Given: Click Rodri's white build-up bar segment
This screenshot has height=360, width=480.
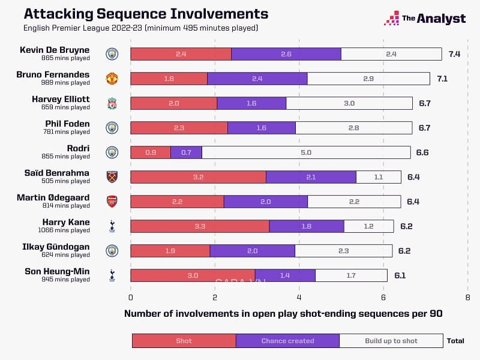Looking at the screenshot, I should [x=306, y=152].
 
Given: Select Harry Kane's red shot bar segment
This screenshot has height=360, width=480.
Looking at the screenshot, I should [x=200, y=226].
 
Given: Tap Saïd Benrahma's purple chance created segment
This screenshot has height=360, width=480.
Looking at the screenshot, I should [x=311, y=177].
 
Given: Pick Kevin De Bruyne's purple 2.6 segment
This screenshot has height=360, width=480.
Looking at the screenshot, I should [x=286, y=54].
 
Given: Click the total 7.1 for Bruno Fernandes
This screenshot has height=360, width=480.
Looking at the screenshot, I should [x=442, y=79].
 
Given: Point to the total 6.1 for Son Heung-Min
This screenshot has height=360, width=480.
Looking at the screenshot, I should [x=400, y=275].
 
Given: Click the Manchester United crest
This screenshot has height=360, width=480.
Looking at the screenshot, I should [x=112, y=79].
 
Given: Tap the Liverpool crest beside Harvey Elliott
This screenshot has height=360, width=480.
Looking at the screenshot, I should [x=112, y=103].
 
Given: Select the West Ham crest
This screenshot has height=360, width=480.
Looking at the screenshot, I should [x=112, y=177].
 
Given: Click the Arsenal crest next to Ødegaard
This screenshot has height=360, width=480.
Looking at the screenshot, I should [x=112, y=202].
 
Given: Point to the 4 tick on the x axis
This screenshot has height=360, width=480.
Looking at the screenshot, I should [x=299, y=297].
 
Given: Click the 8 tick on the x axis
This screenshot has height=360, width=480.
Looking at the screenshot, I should [x=467, y=297].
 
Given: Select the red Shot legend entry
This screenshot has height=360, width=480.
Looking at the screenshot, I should [x=184, y=341].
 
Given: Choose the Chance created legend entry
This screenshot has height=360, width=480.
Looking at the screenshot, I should [x=287, y=341].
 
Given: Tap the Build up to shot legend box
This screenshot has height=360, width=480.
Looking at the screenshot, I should [x=391, y=341].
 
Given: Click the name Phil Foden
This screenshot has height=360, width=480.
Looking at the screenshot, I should [x=69, y=124].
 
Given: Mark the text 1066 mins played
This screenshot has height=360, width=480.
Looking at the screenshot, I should [x=65, y=230].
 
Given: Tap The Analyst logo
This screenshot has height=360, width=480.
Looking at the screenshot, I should [x=425, y=19].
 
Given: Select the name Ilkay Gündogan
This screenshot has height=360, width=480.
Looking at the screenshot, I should [x=58, y=247].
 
